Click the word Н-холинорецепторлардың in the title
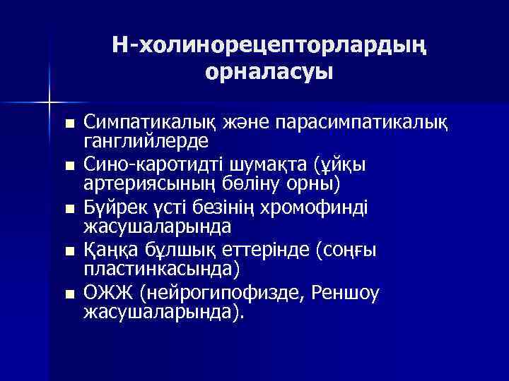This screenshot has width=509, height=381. point(269,45)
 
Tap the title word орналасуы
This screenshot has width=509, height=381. point(269,72)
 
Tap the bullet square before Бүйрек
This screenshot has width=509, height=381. point(68,209)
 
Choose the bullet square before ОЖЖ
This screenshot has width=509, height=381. point(68,294)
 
